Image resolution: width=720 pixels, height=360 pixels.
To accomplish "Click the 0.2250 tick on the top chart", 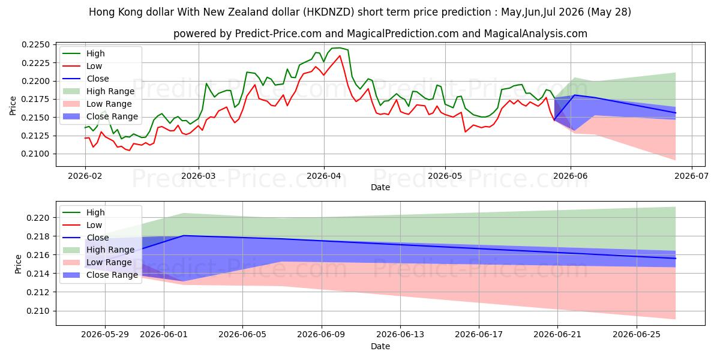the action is [35, 44].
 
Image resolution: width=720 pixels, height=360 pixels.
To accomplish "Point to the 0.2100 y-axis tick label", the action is [35, 154].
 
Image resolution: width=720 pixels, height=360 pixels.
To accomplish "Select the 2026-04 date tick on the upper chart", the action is [324, 176].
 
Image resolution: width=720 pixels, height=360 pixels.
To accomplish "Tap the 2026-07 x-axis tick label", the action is [691, 176].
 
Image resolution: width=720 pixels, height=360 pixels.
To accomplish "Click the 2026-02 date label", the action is [85, 176].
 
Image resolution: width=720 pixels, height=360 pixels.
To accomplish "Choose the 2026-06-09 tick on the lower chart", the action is [322, 335].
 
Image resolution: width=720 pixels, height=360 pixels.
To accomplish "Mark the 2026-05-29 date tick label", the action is [105, 335].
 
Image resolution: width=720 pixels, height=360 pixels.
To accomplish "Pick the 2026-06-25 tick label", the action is [637, 335].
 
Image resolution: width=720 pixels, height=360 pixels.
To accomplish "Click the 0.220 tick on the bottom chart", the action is [38, 218].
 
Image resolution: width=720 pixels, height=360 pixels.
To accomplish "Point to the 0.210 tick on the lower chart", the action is [38, 311].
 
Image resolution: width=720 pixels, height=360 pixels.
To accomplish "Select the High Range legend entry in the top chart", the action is [98, 91].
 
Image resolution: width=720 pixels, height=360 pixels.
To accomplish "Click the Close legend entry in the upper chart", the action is [86, 79].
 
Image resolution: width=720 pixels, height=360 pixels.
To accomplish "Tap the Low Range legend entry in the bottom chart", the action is [97, 262].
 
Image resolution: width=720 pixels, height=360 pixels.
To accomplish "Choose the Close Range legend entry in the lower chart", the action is [101, 275].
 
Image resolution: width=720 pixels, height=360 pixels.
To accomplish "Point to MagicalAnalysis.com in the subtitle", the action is [535, 34].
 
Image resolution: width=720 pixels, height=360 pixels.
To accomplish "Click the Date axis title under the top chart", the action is [380, 187].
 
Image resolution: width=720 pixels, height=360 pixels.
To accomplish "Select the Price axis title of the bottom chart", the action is [18, 264].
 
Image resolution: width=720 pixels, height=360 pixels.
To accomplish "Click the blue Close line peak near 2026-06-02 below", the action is [184, 236].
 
